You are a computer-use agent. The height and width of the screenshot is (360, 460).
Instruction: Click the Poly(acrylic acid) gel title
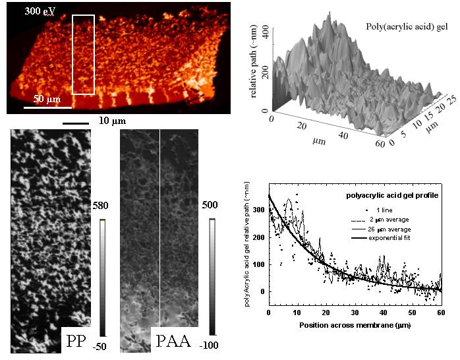coord(407,26)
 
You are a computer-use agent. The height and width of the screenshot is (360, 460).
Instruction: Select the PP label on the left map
coord(80,342)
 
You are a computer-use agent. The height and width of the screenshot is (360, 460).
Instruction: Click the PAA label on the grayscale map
coord(175,342)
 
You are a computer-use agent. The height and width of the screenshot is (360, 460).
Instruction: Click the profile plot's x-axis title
coord(353,326)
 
